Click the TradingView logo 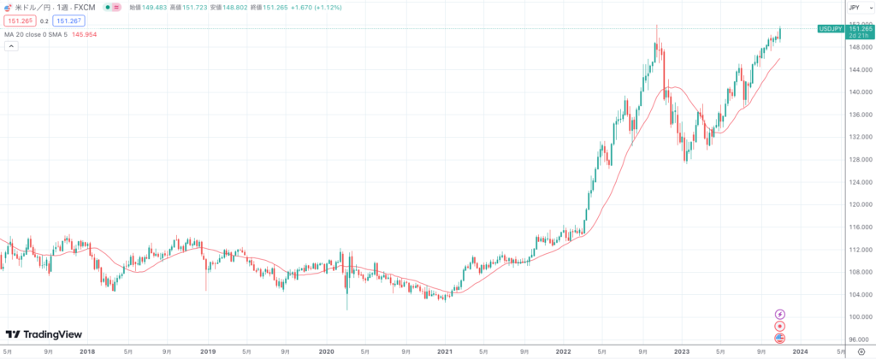44,334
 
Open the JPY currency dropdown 855,7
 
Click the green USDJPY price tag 831,28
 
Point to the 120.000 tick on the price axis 855,204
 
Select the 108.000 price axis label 855,272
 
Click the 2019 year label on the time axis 206,351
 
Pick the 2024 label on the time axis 800,351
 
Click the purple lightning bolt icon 779,315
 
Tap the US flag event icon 779,339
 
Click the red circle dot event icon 779,327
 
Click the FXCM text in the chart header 83,7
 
